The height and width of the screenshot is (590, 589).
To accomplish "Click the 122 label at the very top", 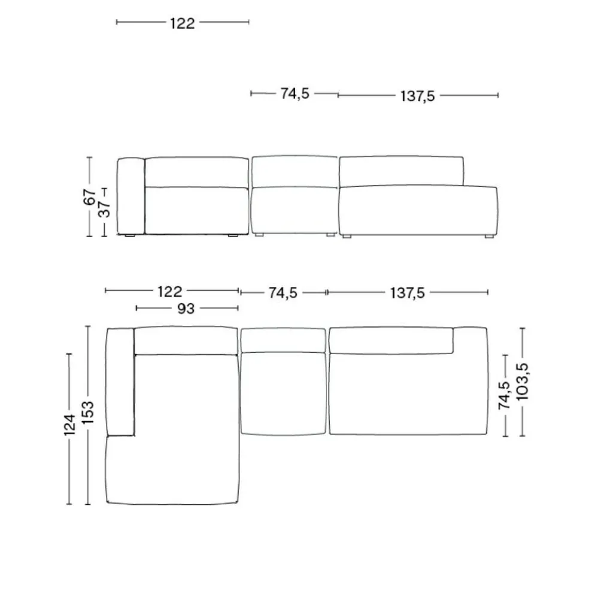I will pos(183,23).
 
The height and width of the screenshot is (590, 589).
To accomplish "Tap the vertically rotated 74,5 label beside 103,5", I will pos(504,395).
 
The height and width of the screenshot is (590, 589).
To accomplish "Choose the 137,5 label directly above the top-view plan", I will pos(407,292).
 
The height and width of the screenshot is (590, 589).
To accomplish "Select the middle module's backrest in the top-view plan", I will pos(283,341).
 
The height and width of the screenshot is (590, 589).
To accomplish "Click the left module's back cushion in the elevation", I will pos(196,173).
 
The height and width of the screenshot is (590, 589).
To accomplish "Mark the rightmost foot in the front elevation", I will pos(488,237).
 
